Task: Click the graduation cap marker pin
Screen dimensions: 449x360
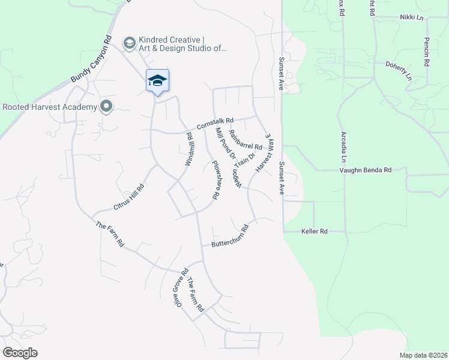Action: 157,82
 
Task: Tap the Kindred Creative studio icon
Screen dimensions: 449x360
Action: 128,43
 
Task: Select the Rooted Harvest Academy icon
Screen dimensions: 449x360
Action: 107,107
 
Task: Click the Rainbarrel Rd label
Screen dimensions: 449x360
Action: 246,142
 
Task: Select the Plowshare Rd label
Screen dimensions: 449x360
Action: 213,179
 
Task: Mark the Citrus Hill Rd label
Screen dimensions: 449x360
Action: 130,197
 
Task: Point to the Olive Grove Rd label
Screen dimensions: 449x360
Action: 178,287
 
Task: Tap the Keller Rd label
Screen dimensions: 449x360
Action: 314,231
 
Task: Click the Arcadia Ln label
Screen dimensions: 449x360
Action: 344,148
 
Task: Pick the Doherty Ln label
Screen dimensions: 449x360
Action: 399,70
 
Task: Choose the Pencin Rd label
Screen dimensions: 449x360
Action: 427,52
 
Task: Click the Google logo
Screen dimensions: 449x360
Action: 20,353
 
